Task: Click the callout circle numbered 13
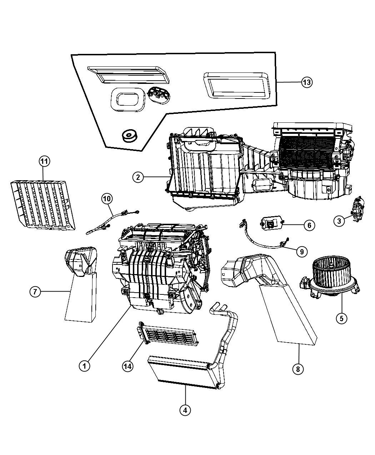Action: (306, 82)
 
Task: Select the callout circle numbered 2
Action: (138, 177)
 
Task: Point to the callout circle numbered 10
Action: (107, 198)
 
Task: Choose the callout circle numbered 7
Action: (35, 292)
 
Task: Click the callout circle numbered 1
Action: (84, 365)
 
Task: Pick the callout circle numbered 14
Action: (127, 366)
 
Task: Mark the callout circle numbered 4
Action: (185, 410)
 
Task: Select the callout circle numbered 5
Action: (341, 318)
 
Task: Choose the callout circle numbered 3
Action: (339, 221)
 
